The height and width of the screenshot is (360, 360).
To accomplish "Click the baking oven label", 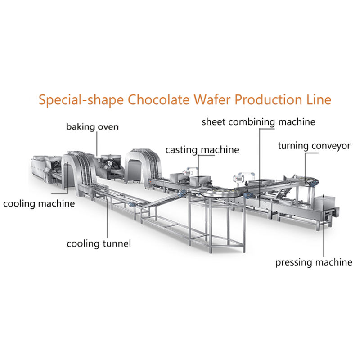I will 92,127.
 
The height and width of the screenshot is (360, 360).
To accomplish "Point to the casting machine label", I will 202,149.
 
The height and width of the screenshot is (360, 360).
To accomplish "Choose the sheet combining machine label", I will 258,121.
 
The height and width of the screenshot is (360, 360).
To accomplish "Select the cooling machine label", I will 39,204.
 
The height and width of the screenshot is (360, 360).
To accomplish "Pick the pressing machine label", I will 314,262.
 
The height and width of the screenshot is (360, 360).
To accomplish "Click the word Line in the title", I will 319,99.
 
